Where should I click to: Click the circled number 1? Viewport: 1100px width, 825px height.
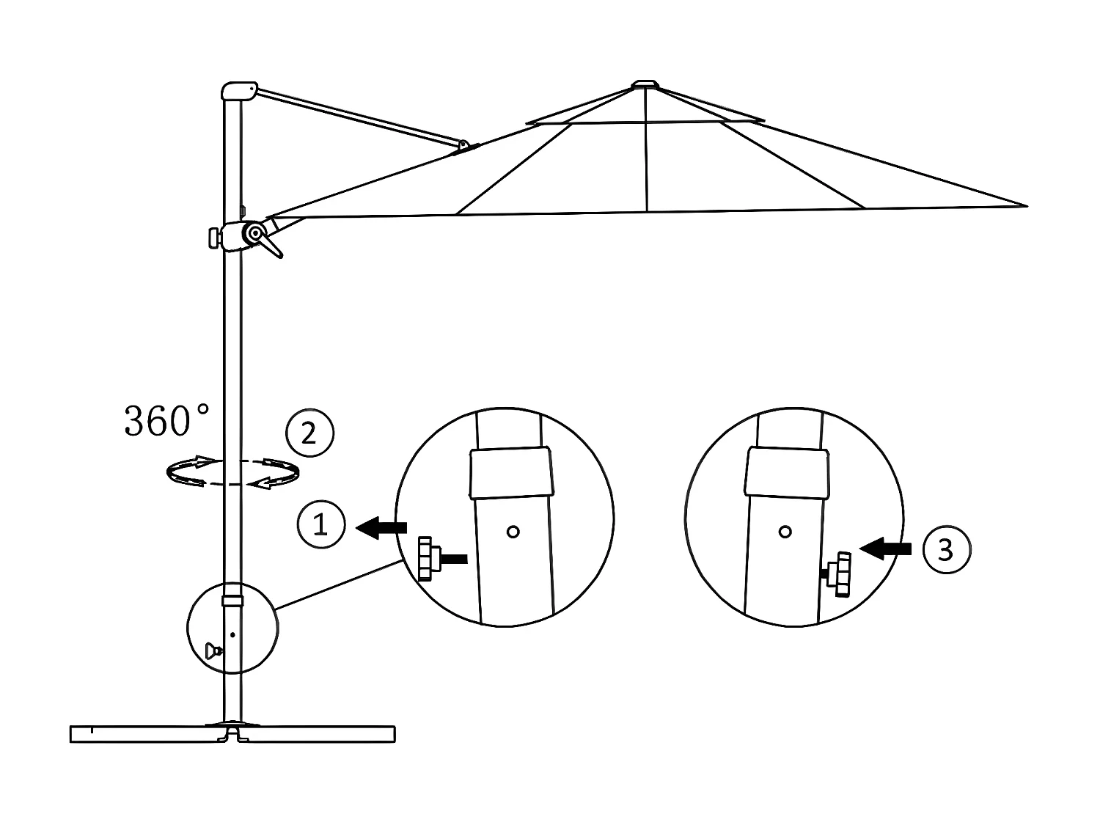(320, 525)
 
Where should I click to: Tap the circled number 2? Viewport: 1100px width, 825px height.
(309, 433)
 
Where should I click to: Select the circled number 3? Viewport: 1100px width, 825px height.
(945, 549)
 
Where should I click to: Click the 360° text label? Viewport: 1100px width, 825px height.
(166, 420)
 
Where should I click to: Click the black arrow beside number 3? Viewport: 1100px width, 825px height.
(886, 548)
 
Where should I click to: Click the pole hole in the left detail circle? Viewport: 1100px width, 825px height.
(513, 532)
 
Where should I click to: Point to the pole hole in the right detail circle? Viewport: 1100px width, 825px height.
(785, 532)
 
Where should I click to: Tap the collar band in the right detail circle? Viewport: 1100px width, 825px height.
(787, 474)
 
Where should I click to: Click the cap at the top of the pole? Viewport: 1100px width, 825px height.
(238, 91)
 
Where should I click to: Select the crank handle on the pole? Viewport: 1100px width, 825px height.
(272, 246)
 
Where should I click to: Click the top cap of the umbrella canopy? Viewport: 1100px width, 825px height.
(645, 85)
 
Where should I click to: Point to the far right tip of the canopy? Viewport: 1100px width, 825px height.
(1025, 206)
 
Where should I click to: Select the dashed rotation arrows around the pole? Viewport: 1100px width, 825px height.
(232, 472)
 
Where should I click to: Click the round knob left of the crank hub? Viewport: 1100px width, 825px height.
(213, 238)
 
